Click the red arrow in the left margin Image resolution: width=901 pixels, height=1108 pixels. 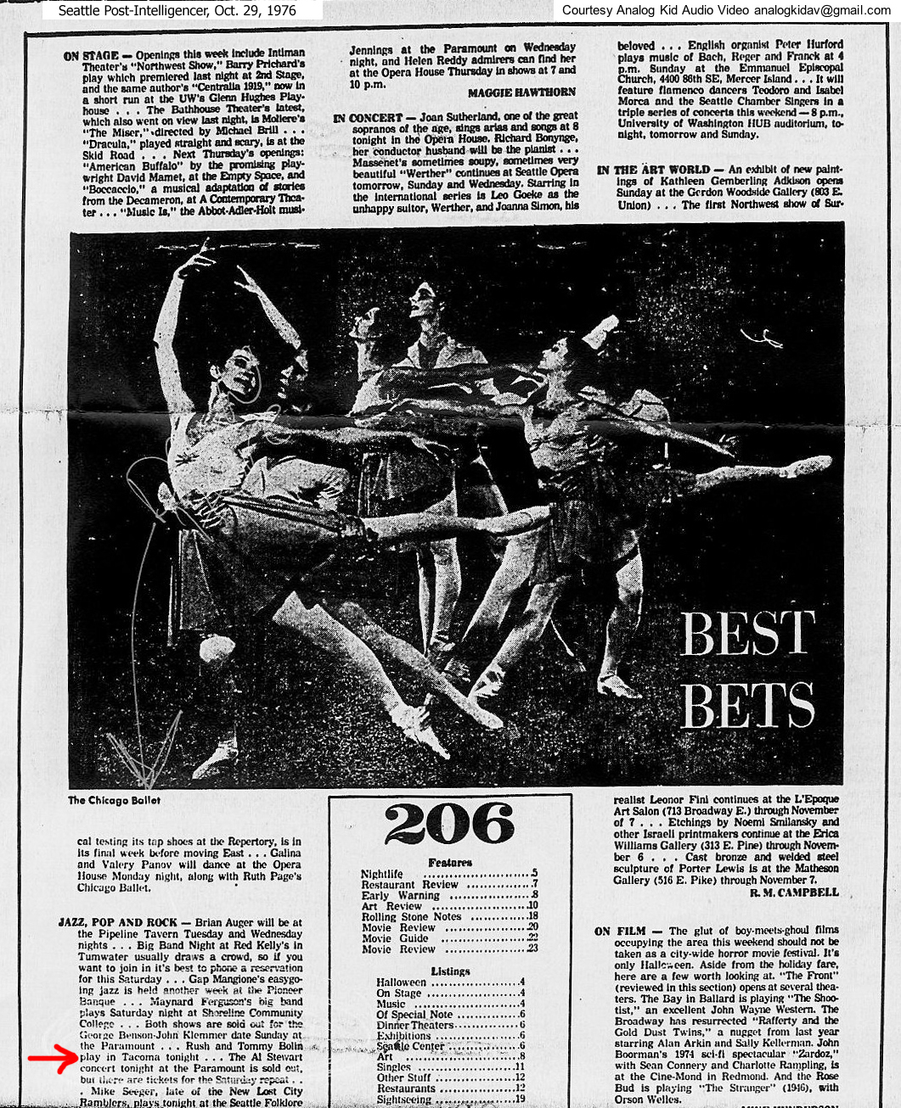[53, 1059]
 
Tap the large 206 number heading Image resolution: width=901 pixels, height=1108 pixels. [449, 825]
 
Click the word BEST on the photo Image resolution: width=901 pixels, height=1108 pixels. [747, 634]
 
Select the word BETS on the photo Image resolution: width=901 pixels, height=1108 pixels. [747, 704]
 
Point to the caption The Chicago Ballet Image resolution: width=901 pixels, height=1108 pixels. [114, 800]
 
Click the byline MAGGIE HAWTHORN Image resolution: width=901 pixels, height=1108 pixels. [521, 92]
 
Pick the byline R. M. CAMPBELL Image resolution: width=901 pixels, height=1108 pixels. [794, 892]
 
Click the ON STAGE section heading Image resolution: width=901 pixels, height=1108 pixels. [91, 56]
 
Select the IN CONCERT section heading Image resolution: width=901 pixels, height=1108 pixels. [368, 117]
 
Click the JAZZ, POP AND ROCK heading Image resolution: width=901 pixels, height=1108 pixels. [118, 922]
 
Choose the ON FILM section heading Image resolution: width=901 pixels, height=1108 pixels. [620, 931]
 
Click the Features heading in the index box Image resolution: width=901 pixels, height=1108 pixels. [450, 862]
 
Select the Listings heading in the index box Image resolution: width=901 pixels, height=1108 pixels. [450, 971]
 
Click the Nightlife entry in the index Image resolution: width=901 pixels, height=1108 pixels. [382, 873]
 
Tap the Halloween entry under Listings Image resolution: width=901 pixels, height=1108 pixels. [402, 982]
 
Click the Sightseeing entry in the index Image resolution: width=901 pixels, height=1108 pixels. [403, 1100]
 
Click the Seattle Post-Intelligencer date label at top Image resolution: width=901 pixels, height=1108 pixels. [177, 10]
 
